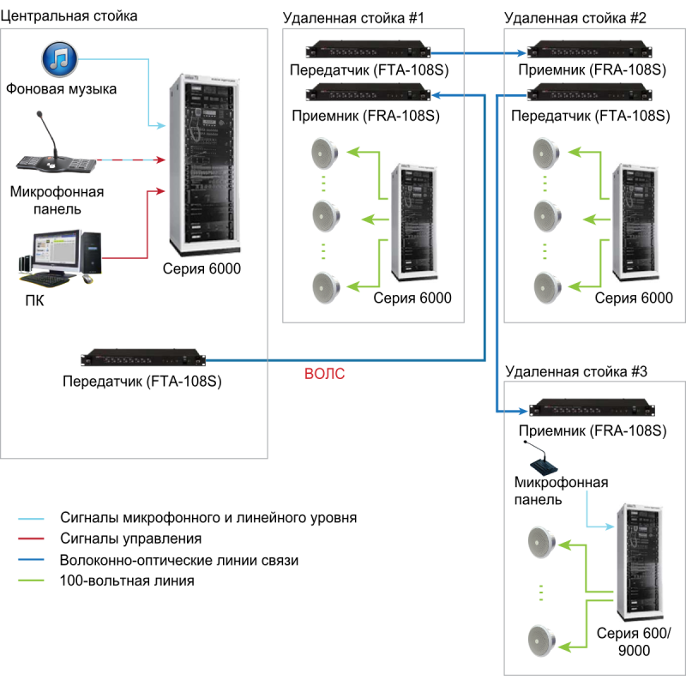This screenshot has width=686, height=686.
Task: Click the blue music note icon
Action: (60, 58)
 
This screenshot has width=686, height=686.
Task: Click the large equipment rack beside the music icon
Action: (205, 165)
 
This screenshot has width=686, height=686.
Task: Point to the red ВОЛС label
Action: (325, 375)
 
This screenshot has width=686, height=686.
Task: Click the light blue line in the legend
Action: (31, 519)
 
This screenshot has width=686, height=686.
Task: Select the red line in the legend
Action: (31, 539)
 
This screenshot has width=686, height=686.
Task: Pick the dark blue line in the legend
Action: (31, 559)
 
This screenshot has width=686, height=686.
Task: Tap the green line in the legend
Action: (31, 580)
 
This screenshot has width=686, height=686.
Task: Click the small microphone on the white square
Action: (541, 459)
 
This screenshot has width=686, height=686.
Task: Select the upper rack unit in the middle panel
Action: (368, 51)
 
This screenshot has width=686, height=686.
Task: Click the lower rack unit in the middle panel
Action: (368, 92)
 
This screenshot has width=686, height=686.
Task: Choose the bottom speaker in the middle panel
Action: (326, 286)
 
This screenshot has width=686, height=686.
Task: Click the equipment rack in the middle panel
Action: (414, 222)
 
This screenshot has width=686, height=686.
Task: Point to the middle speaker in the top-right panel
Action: (547, 217)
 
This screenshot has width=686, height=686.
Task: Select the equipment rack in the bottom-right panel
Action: (639, 561)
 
